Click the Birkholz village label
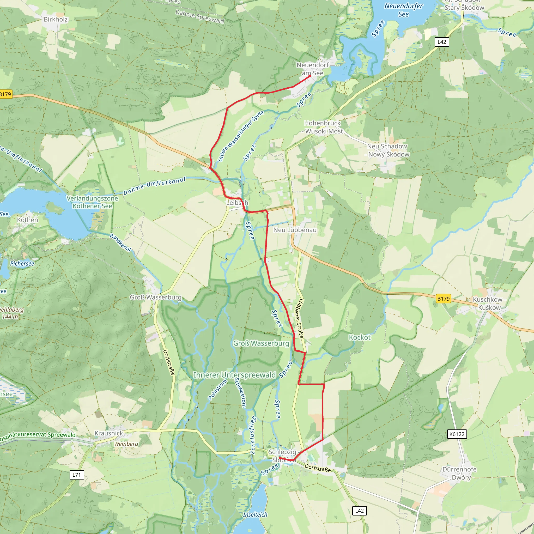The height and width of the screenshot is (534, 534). coord(56,19)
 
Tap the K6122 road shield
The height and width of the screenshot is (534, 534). coord(457,434)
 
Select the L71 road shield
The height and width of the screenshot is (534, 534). coord(77,475)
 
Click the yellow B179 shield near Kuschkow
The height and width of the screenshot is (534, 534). coord(443,299)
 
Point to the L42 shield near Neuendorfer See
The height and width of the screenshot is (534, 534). coord(442,42)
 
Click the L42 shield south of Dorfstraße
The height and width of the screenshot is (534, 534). coord(359,511)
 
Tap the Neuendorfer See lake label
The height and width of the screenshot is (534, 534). coord(404,10)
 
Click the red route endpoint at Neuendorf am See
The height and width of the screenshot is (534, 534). coord(310,76)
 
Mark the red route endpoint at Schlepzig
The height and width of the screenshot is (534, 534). coord(280,458)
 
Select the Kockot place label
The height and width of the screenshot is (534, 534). coord(360,337)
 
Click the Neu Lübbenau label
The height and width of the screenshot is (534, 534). coord(295,230)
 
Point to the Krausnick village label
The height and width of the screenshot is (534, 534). coord(109,433)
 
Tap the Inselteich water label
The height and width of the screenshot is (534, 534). coord(255,515)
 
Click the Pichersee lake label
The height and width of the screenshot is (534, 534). coord(22,264)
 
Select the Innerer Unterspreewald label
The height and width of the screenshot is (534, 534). coord(234,375)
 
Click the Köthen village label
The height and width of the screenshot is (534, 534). coord(27,220)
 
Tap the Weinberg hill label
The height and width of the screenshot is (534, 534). coord(126,444)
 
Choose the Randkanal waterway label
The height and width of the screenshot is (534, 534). coord(120,242)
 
